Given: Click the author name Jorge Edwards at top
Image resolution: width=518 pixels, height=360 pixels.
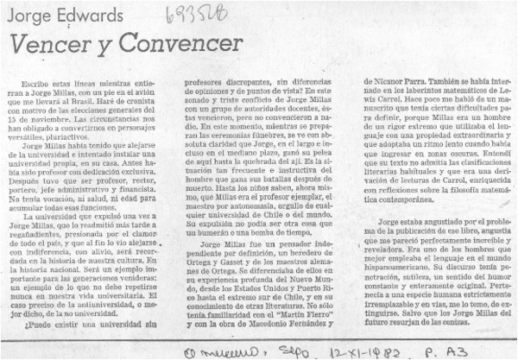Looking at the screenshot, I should pyautogui.click(x=54, y=16).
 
